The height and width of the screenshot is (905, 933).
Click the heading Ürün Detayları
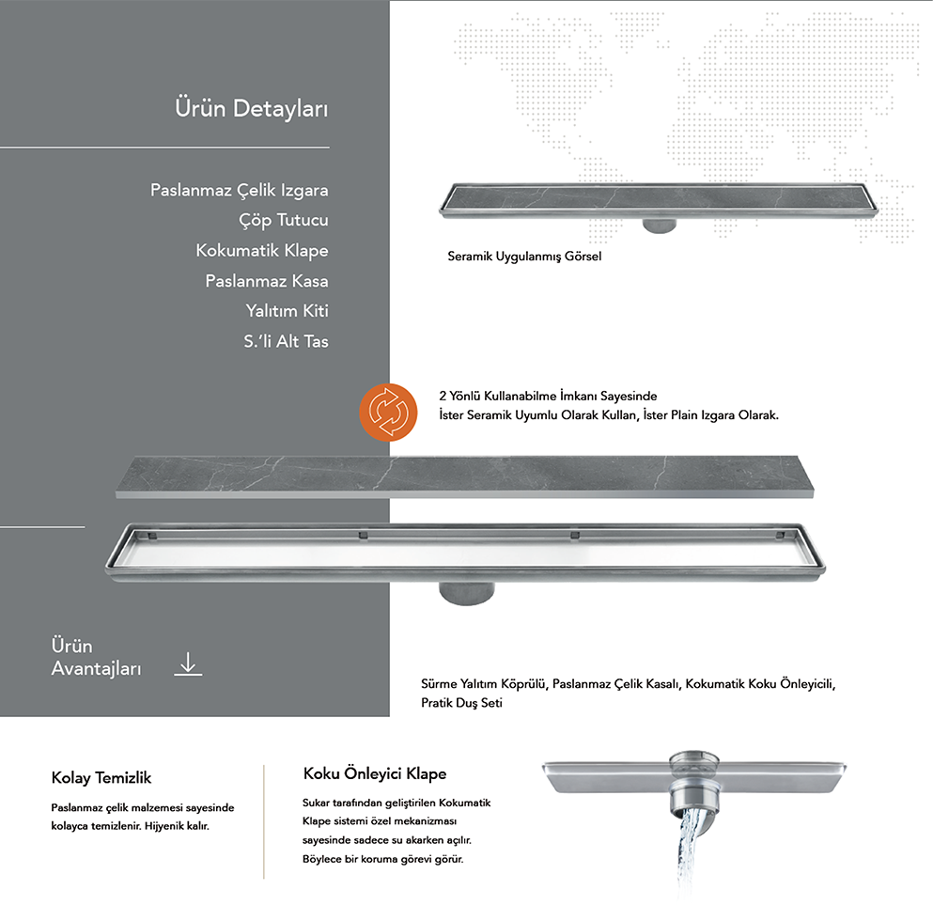(x=252, y=109)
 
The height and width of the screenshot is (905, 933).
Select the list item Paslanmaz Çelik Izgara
(x=240, y=191)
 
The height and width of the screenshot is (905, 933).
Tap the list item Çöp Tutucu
(x=284, y=221)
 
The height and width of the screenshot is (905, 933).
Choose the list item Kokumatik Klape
(x=262, y=251)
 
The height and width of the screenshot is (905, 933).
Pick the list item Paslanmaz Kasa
(x=267, y=281)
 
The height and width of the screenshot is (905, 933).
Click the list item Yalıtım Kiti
(x=287, y=310)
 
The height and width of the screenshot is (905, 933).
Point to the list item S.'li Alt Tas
(x=286, y=341)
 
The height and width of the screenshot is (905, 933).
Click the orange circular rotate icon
(x=389, y=413)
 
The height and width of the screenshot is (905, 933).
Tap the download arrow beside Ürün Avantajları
(x=188, y=664)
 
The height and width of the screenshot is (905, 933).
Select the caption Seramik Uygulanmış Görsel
(x=524, y=257)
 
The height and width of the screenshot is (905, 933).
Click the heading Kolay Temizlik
(x=101, y=778)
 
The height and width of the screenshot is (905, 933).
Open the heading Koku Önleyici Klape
(x=375, y=773)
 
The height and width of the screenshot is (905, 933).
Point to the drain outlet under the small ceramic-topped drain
(x=660, y=226)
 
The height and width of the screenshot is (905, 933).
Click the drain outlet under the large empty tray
(x=466, y=594)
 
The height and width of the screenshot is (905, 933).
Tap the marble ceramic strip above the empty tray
(x=465, y=476)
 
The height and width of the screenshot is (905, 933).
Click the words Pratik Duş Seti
(x=461, y=703)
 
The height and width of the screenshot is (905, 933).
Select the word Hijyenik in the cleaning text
(x=163, y=826)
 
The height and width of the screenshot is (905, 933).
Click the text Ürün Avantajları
(x=96, y=657)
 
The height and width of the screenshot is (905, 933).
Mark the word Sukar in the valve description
(x=316, y=803)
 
